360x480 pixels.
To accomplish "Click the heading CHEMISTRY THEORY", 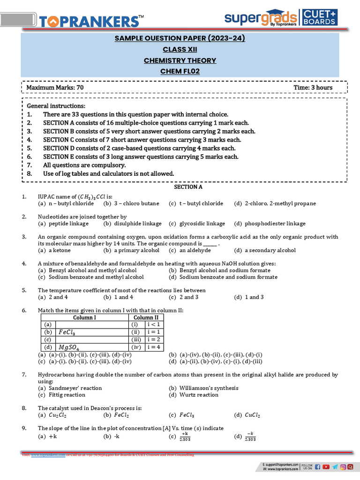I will [180, 60].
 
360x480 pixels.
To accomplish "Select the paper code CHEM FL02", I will [180, 71].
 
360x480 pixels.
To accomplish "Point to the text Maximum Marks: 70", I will [55, 88].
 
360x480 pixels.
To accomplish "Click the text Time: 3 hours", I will [313, 88].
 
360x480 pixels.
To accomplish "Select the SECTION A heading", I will [188, 187].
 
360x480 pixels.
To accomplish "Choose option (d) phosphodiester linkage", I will [270, 224].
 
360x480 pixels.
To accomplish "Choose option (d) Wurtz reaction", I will [193, 395].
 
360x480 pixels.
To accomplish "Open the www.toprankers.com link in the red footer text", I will [48, 455].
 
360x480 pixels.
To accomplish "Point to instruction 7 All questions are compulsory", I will [84, 165].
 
